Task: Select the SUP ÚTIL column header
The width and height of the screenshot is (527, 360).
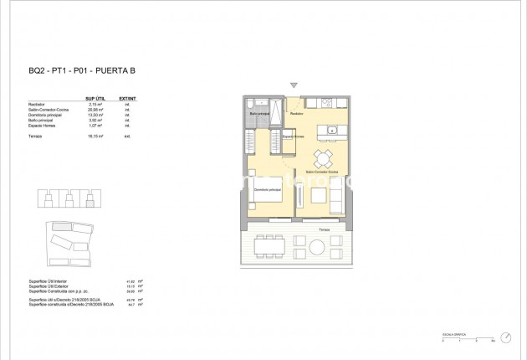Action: [x=94, y=97]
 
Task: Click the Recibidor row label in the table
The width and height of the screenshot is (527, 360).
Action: [x=37, y=103]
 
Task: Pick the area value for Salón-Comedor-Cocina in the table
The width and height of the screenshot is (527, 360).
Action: [x=94, y=108]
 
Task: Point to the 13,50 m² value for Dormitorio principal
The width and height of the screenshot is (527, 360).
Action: [x=94, y=114]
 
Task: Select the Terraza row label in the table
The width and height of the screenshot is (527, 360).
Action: [x=35, y=133]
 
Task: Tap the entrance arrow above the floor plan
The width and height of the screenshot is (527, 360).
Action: [x=293, y=85]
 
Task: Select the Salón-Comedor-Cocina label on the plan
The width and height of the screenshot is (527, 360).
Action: [x=321, y=171]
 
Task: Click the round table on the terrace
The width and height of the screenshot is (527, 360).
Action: [x=318, y=246]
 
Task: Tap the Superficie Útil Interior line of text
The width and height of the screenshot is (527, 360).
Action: [x=52, y=281]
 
